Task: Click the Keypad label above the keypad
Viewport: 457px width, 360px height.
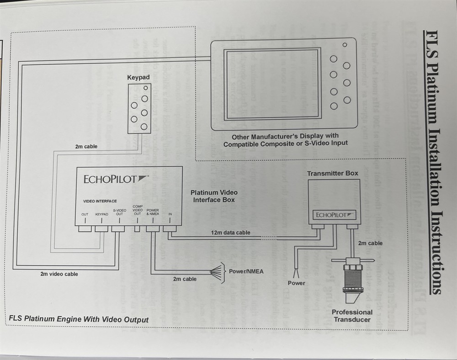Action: pos(138,78)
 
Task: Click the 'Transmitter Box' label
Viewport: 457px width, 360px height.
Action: pos(332,174)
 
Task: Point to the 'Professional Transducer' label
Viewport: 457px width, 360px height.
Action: pos(352,316)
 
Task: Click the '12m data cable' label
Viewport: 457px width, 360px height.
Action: pos(230,233)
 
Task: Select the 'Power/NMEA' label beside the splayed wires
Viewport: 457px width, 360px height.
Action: pos(246,271)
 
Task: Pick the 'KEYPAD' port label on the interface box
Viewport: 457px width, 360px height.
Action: pos(101,214)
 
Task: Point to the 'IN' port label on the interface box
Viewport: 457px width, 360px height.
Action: pos(170,214)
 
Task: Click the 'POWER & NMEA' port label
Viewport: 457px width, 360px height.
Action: pos(153,212)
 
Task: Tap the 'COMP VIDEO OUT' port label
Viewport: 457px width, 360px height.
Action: pos(138,210)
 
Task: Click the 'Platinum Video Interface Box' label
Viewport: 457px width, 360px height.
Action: pos(214,196)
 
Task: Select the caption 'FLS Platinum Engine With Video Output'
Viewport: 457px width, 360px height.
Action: pos(79,319)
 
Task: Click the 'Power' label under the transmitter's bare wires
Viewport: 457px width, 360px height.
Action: pos(296,283)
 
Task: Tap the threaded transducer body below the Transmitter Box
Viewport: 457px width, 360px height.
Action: pos(352,279)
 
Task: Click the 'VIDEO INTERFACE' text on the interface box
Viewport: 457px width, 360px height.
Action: pos(100,201)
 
